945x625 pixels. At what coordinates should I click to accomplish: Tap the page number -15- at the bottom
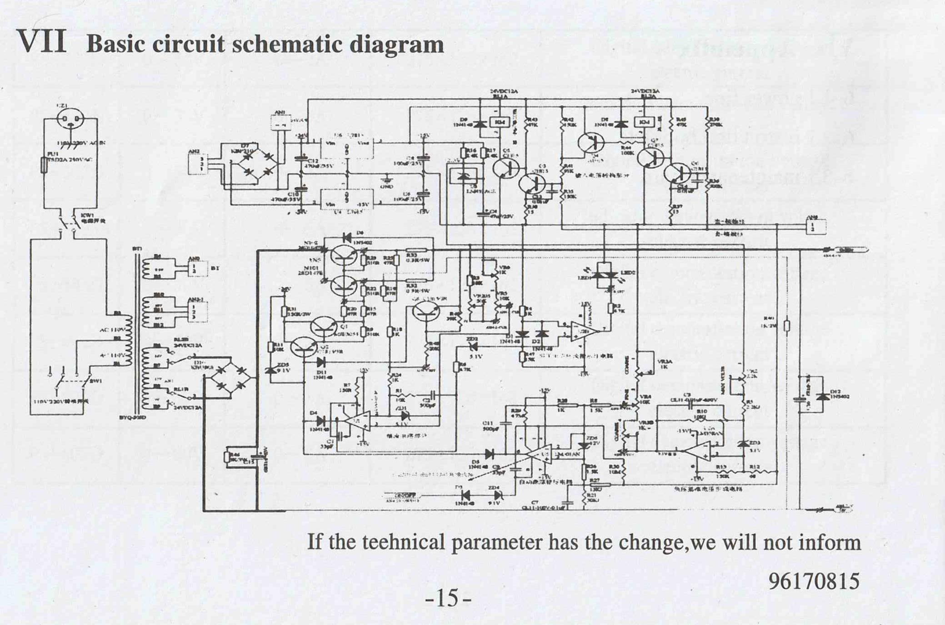448,599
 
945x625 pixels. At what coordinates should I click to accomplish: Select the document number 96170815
814,581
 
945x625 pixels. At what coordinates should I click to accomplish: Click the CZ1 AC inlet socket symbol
70,119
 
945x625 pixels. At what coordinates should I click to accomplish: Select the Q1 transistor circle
324,328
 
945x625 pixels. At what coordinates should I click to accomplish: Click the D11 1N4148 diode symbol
320,362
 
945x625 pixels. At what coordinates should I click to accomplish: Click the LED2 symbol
612,276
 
